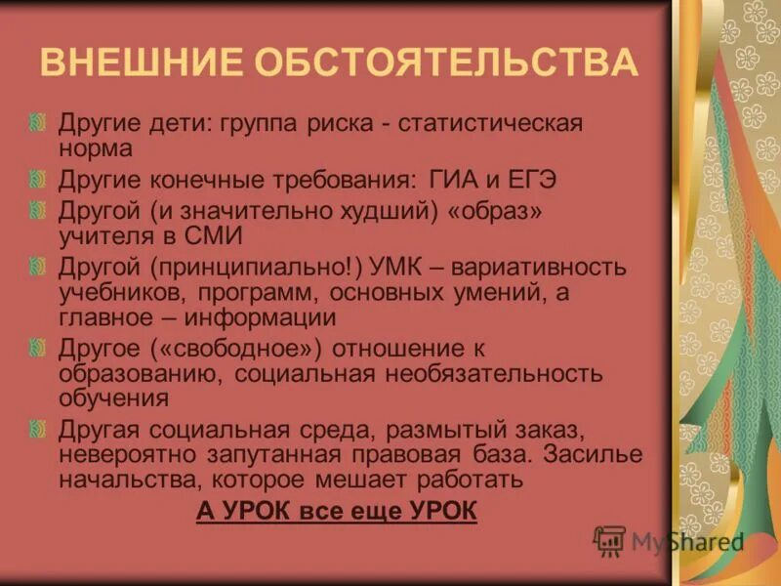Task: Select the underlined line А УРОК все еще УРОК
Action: pos(337,512)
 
